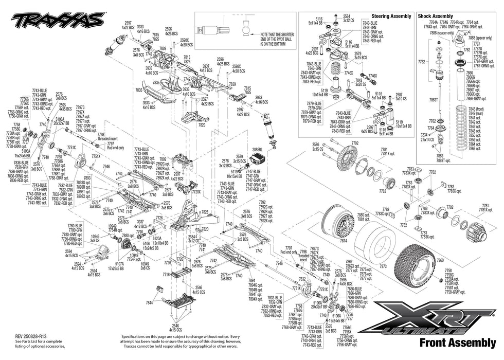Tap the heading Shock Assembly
pyautogui.click(x=435, y=16)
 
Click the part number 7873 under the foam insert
pyautogui.click(x=383, y=267)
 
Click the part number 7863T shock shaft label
pyautogui.click(x=434, y=100)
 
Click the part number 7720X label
pyautogui.click(x=196, y=191)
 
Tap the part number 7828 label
pyautogui.click(x=205, y=212)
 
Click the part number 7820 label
pyautogui.click(x=202, y=124)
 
